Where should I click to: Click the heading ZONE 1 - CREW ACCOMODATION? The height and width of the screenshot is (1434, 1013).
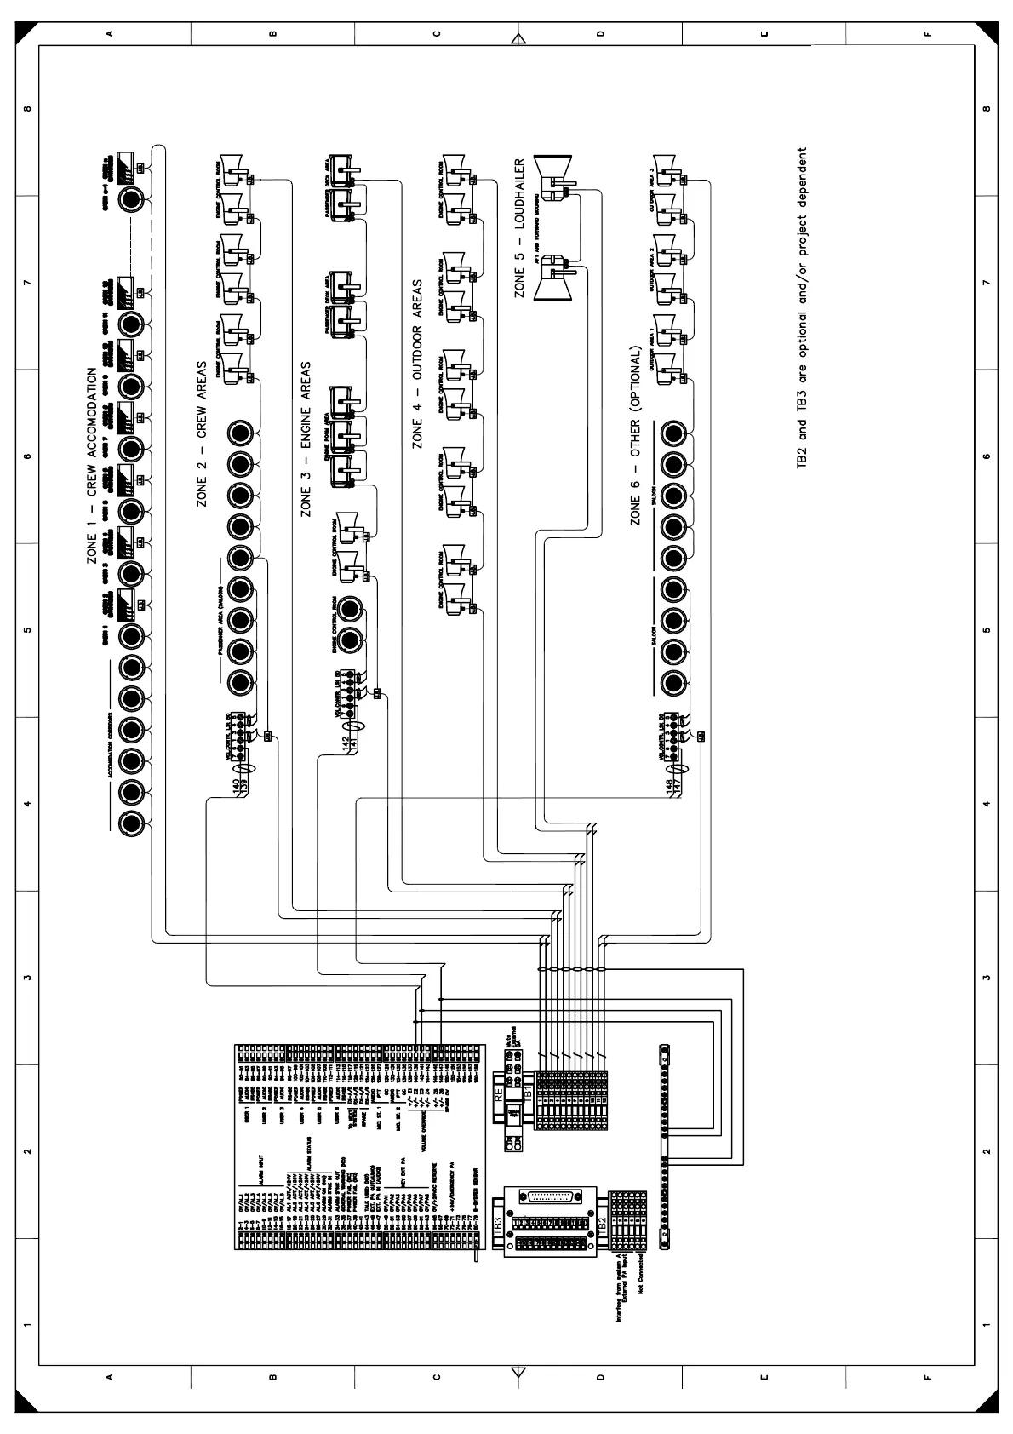(x=92, y=466)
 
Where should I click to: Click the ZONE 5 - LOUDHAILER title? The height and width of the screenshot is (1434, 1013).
(x=519, y=228)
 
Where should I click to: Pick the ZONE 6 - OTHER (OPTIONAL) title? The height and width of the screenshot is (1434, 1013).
(x=635, y=435)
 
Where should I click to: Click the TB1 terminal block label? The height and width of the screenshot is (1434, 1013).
(x=527, y=1091)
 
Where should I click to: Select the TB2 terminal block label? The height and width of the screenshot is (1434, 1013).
(x=601, y=1224)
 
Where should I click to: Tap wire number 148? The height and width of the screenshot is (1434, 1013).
(x=670, y=783)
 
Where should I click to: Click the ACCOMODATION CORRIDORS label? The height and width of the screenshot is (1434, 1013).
(x=111, y=742)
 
